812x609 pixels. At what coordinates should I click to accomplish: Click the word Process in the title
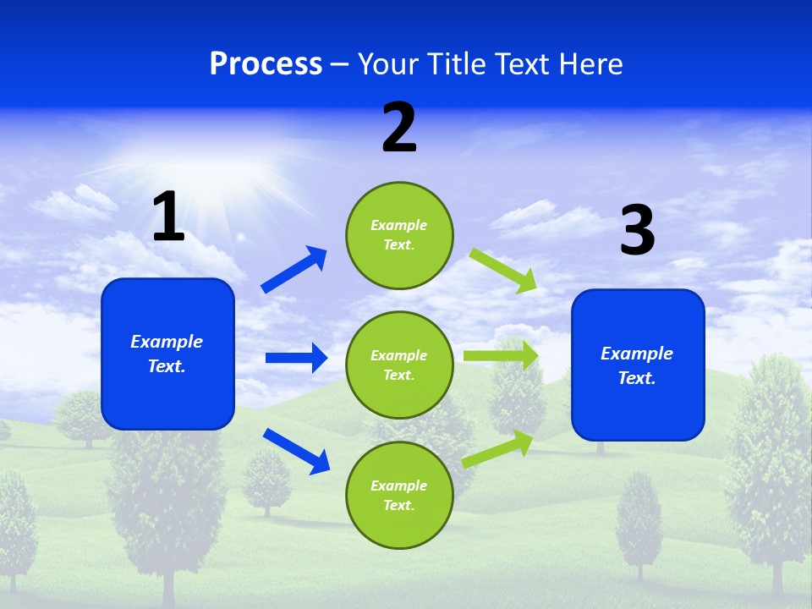tap(266, 64)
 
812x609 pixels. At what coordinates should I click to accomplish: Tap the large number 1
tap(168, 217)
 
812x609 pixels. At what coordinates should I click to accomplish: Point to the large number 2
tap(399, 128)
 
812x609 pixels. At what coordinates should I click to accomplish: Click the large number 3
tap(637, 231)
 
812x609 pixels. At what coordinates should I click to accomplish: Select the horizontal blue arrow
tap(296, 358)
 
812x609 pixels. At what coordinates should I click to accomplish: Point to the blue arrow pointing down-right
tap(296, 451)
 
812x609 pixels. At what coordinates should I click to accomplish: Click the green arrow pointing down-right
tap(503, 270)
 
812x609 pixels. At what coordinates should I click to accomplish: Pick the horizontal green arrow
tap(501, 355)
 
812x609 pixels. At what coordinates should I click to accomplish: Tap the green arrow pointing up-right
tap(498, 448)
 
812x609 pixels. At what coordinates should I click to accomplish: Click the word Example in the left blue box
tap(167, 342)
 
